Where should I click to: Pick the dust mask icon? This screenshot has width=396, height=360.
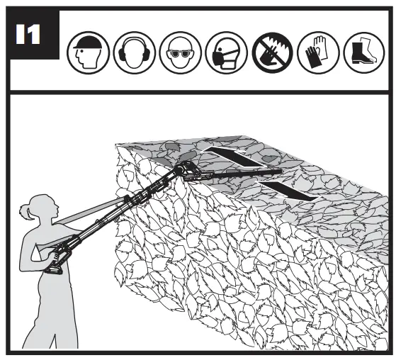(x=222, y=51)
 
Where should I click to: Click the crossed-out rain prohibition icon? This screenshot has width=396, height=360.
(x=269, y=51)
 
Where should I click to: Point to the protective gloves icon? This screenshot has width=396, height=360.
(x=315, y=51)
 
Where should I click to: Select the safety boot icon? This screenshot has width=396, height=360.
(x=361, y=51)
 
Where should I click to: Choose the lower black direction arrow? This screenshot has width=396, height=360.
(x=283, y=189)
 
